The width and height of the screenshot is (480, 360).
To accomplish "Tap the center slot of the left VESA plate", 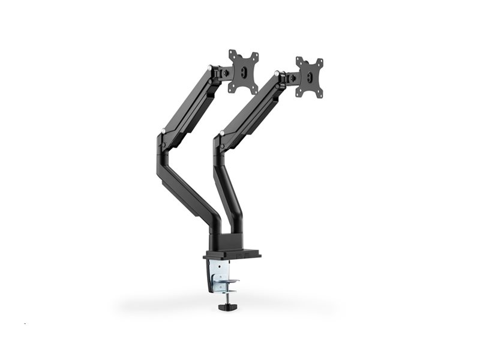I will [x=244, y=71].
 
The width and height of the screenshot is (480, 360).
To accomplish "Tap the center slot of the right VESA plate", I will [x=310, y=77].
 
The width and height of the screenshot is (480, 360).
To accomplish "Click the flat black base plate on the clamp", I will [x=233, y=255].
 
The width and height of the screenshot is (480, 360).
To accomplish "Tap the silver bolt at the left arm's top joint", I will [x=209, y=68].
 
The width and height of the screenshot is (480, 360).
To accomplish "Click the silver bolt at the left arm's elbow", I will [x=163, y=128].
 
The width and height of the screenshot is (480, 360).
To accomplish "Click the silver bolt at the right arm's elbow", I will [x=222, y=132].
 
